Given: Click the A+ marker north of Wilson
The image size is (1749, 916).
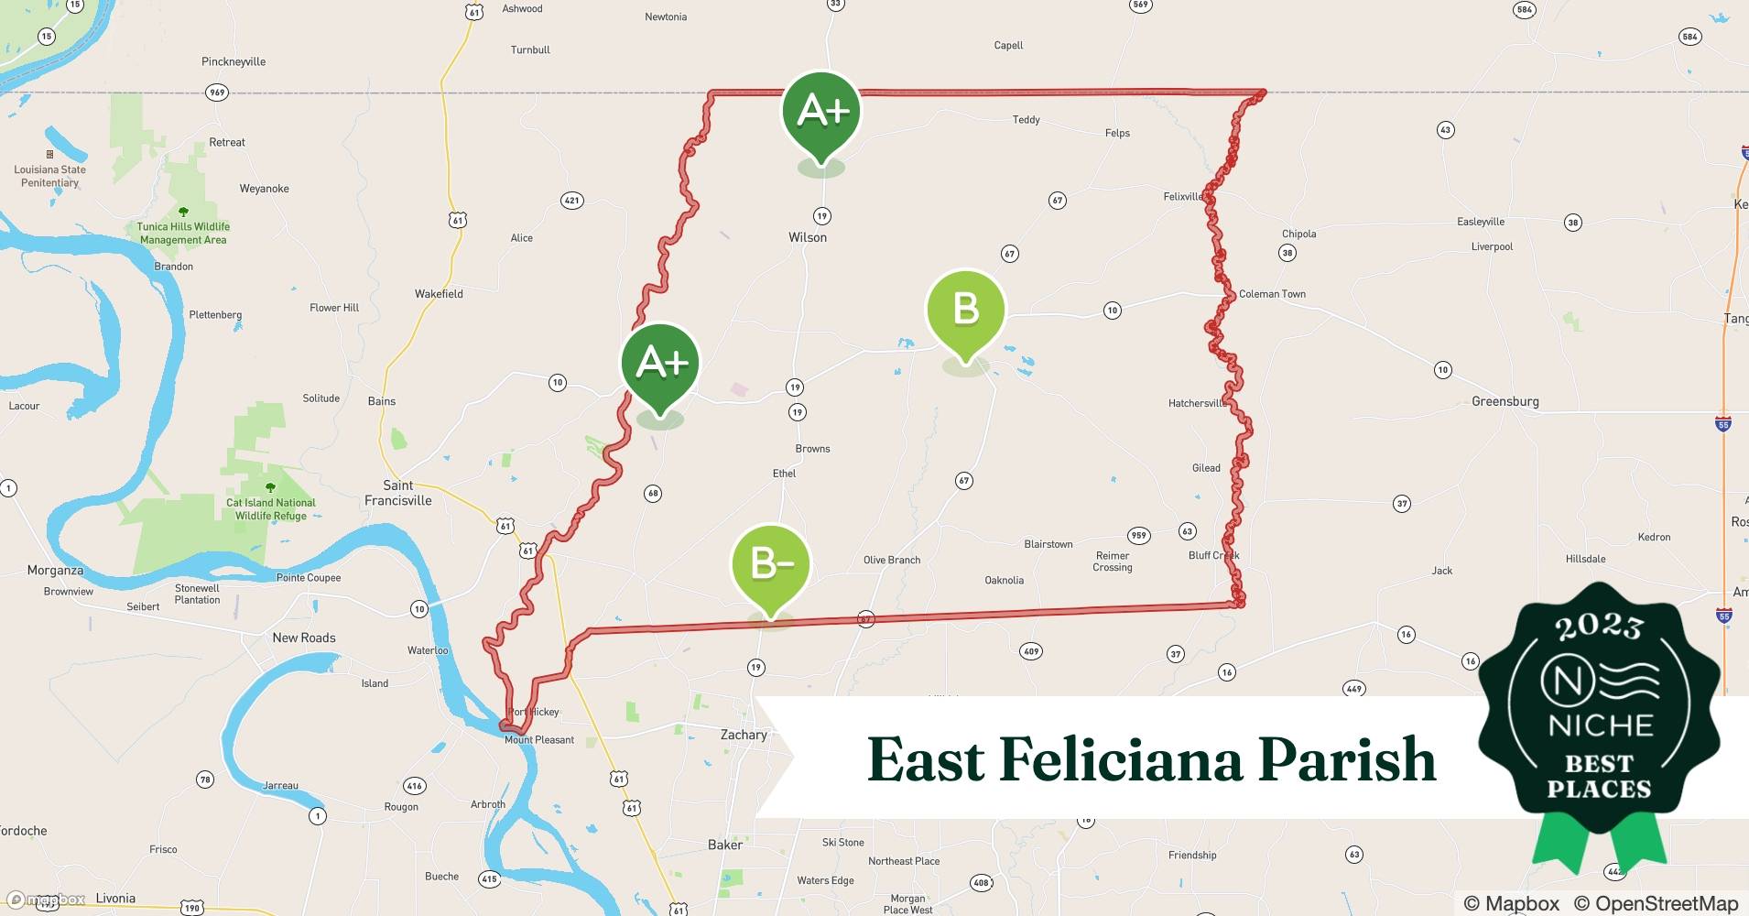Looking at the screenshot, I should click(x=821, y=112).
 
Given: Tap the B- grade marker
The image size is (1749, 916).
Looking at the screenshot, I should click(x=771, y=563).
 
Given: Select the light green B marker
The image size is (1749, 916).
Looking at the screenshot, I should click(x=965, y=310).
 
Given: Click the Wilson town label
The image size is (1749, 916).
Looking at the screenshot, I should click(x=808, y=237).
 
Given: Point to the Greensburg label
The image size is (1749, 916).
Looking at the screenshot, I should click(x=1505, y=401).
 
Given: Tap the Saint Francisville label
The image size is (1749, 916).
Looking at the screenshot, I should click(x=397, y=493).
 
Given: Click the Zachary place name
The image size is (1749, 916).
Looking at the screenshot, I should click(x=743, y=735).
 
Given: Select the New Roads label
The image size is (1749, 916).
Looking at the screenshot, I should click(x=304, y=638).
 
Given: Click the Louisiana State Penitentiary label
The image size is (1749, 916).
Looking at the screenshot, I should click(x=50, y=176).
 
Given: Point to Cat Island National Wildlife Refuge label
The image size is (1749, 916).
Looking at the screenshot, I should click(x=271, y=509).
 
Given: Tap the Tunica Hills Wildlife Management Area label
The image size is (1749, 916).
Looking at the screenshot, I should click(x=183, y=233).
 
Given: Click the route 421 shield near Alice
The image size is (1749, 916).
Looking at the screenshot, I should click(x=571, y=201).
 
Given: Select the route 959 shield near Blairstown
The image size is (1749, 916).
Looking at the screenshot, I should click(x=1138, y=535).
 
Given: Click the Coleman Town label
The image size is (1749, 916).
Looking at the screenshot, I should click(x=1272, y=294).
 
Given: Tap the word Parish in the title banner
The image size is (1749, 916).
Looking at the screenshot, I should click(x=1346, y=760).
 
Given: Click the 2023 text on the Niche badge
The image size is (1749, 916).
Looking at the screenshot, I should click(x=1599, y=627).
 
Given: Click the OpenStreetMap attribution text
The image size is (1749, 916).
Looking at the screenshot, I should click(x=1656, y=903).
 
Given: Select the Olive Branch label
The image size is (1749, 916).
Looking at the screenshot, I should click(x=891, y=560).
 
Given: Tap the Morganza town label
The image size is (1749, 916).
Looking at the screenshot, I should click(x=55, y=570).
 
